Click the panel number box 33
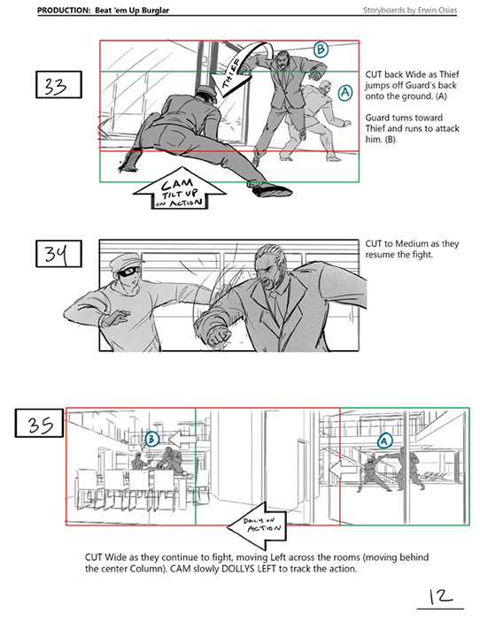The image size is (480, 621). pyautogui.click(x=58, y=84)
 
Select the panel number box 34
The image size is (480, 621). pyautogui.click(x=58, y=254)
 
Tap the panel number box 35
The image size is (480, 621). pyautogui.click(x=39, y=423)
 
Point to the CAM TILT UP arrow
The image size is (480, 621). pyautogui.click(x=179, y=189)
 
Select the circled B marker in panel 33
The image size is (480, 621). pyautogui.click(x=321, y=50)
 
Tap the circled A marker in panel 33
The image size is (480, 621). pyautogui.click(x=345, y=92)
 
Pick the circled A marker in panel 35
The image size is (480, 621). pyautogui.click(x=384, y=441)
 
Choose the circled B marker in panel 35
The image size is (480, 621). pyautogui.click(x=151, y=439)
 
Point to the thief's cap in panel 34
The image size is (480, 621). pyautogui.click(x=124, y=260)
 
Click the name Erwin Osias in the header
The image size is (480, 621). pyautogui.click(x=437, y=10)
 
